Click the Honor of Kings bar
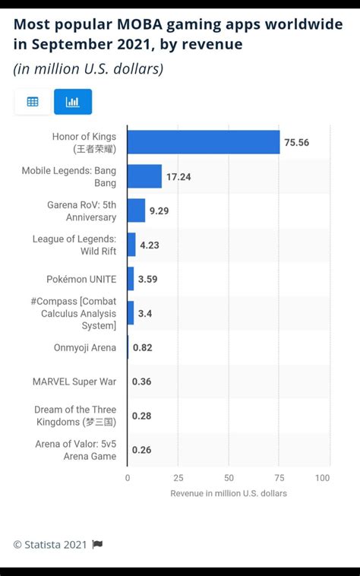pyautogui.click(x=204, y=142)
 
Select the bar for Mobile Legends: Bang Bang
pyautogui.click(x=144, y=176)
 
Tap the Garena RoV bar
pyautogui.click(x=136, y=210)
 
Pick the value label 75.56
pyautogui.click(x=297, y=142)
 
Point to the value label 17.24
pyautogui.click(x=178, y=176)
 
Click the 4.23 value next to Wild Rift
pyautogui.click(x=150, y=245)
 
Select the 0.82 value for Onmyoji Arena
pyautogui.click(x=142, y=347)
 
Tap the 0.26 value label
pyautogui.click(x=141, y=450)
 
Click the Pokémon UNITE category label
pyautogui.click(x=82, y=279)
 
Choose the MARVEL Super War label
pyautogui.click(x=74, y=381)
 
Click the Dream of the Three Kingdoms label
pyautogui.click(x=74, y=416)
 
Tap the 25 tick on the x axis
pyautogui.click(x=178, y=478)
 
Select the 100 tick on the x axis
pyautogui.click(x=323, y=478)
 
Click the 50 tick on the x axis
pyautogui.click(x=229, y=478)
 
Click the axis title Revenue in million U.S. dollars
pyautogui.click(x=229, y=493)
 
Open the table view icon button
pyautogui.click(x=33, y=102)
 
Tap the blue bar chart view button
pyautogui.click(x=73, y=102)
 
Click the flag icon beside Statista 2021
pyautogui.click(x=97, y=544)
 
